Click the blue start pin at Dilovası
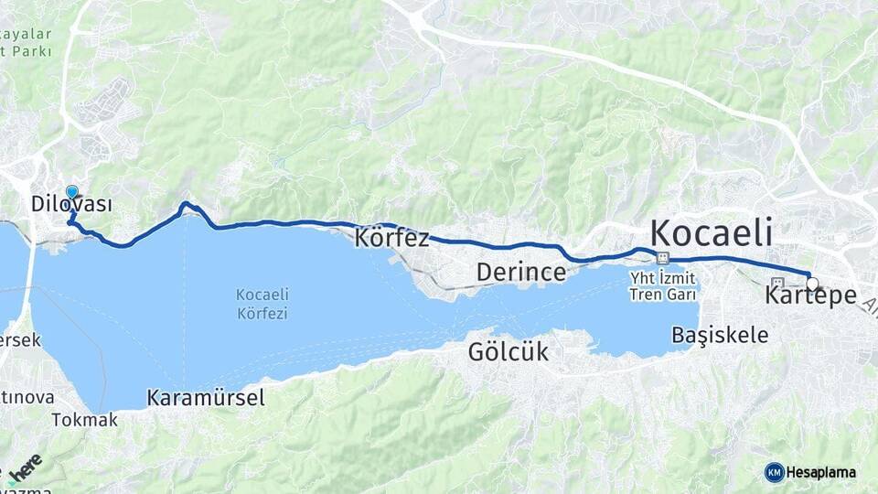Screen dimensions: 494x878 click(x=72, y=193)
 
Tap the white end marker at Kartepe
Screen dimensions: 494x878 click(x=811, y=284)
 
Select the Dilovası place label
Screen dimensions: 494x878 click(x=72, y=204)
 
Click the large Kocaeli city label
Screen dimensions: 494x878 click(x=712, y=231)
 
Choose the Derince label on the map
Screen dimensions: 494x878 click(x=521, y=273)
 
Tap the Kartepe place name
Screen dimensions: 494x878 click(x=810, y=297)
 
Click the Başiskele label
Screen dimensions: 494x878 click(x=720, y=335)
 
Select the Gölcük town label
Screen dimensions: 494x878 click(x=508, y=351)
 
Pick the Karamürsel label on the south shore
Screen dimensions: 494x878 click(x=206, y=398)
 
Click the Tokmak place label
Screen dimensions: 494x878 click(x=85, y=421)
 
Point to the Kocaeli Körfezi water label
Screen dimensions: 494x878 click(x=262, y=304)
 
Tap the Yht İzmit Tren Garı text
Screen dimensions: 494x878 click(x=662, y=285)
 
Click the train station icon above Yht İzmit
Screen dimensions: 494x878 click(x=662, y=259)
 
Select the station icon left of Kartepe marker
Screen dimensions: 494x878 click(x=778, y=283)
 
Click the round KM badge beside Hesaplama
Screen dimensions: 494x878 click(x=774, y=472)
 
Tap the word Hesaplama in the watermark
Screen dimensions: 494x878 click(x=821, y=472)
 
